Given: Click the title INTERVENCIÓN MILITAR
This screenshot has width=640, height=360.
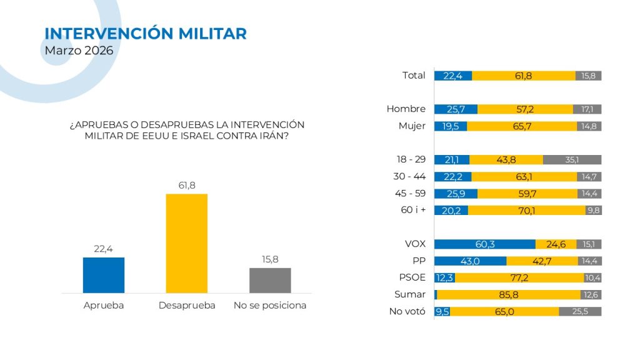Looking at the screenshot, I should coord(146,34).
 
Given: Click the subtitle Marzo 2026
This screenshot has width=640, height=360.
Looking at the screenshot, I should coord(79,51).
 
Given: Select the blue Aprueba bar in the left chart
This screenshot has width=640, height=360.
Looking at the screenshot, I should coord(104,275).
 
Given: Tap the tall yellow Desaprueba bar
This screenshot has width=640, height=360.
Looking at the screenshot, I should coord(186,243).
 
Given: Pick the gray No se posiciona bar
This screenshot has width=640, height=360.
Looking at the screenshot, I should coord(270,280).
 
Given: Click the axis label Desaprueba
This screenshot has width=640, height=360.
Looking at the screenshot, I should coord(187,306).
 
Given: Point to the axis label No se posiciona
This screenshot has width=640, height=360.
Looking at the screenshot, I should coord(270,306).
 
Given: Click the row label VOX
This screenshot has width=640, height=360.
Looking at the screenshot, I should coord(415,244).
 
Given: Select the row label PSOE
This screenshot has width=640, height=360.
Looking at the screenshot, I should coord(412,277).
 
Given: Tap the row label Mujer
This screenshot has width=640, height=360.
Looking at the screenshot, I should coord(412,126).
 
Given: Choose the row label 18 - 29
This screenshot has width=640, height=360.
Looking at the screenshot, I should coord(411,159).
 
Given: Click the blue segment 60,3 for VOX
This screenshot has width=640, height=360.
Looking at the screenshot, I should coord(485,244).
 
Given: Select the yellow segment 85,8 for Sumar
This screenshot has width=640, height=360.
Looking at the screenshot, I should coord(507,294).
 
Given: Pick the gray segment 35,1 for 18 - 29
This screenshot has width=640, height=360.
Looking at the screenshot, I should coord(572,159).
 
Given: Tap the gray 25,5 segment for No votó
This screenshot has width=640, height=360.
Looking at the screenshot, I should coord(580,311).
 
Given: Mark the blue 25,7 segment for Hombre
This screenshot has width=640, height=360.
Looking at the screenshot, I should coord(456,109).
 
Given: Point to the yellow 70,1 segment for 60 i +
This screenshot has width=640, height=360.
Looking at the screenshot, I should coord(526,210).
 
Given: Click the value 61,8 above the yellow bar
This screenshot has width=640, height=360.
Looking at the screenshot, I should coord(186,186).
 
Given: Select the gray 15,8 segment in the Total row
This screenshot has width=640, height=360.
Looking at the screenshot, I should coord(588,76).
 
